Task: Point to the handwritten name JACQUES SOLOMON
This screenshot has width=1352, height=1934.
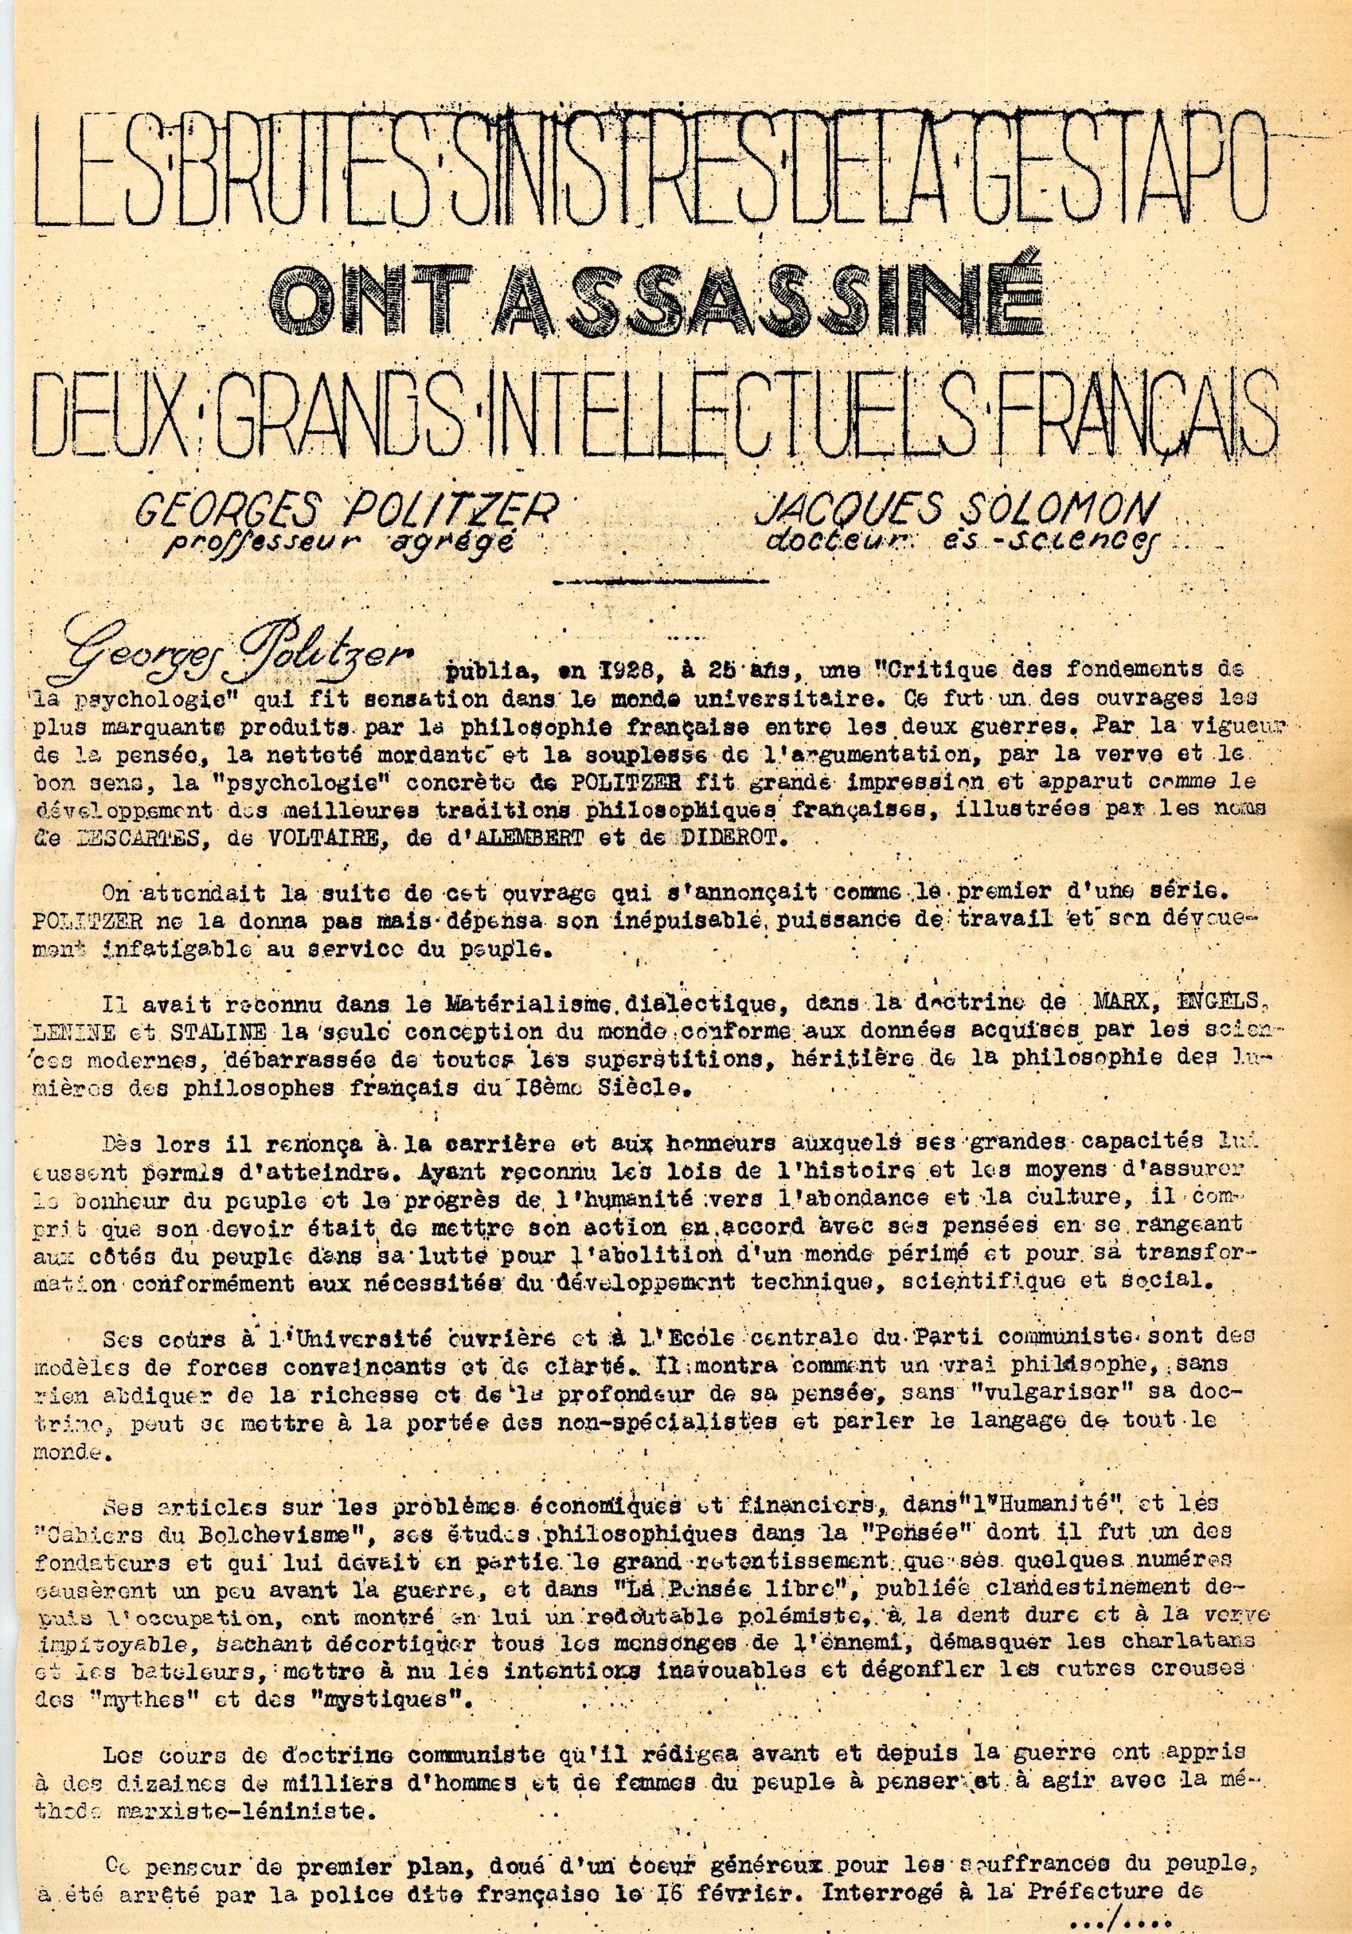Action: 954,508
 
